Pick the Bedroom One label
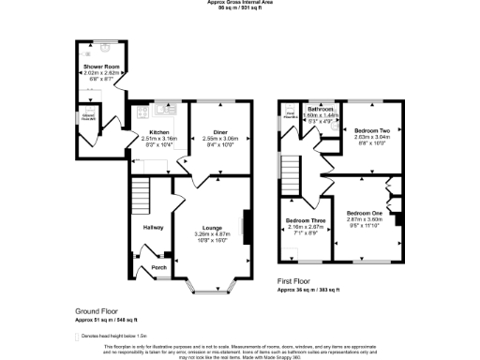coord(362,214)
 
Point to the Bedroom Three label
coord(304,221)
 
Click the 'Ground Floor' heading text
coord(97,310)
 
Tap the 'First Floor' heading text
coord(296,281)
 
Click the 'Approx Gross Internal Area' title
coord(239,3)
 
